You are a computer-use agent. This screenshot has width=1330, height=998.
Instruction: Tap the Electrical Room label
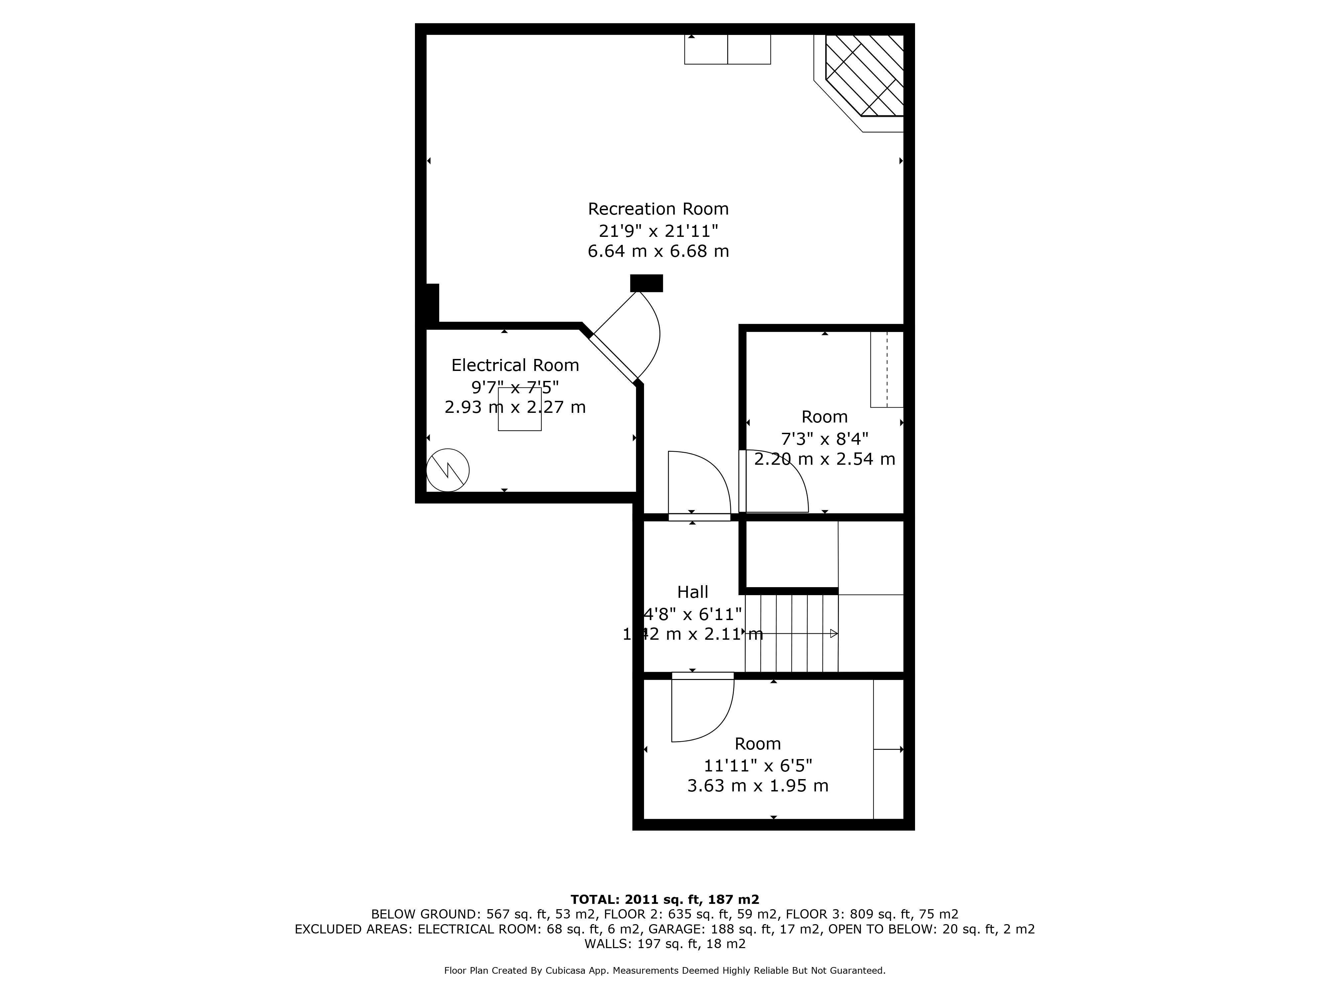click(515, 365)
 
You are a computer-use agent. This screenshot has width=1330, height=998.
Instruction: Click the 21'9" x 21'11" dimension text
click(658, 231)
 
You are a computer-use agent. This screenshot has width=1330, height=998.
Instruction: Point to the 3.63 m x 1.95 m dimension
click(757, 786)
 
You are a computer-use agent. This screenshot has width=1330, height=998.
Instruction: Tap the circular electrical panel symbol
click(448, 470)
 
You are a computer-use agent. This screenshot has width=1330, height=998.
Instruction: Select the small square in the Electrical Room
click(519, 409)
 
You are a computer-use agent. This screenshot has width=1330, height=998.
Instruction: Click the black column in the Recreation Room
click(646, 283)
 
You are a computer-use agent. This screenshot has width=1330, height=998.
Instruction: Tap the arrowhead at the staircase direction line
click(834, 633)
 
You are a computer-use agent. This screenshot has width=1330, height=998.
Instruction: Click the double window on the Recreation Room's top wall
click(728, 49)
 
